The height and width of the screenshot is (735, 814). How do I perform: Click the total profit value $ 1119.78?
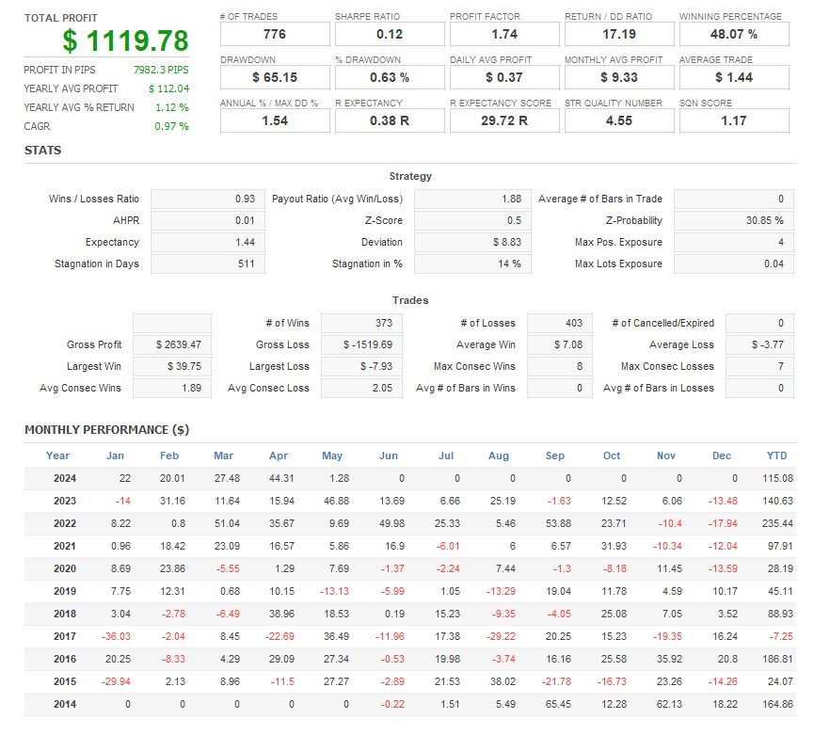pos(125,40)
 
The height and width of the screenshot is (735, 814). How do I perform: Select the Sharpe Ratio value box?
pos(390,34)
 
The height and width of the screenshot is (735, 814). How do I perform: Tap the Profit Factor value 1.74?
pos(504,34)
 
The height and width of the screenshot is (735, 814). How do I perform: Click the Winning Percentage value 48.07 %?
pos(733,34)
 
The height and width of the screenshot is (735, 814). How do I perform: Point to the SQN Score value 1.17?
pos(733,120)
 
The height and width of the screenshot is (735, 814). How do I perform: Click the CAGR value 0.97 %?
pos(171,126)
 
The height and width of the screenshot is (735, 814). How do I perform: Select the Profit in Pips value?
pos(161,70)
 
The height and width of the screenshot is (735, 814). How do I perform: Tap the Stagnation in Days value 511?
pos(208,264)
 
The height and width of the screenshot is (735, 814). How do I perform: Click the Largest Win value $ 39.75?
pos(173,366)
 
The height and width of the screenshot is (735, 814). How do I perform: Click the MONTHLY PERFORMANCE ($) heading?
pos(106,430)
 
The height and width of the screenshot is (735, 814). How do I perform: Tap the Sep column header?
pos(555,455)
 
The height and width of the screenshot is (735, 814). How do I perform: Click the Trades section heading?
pos(409,300)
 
